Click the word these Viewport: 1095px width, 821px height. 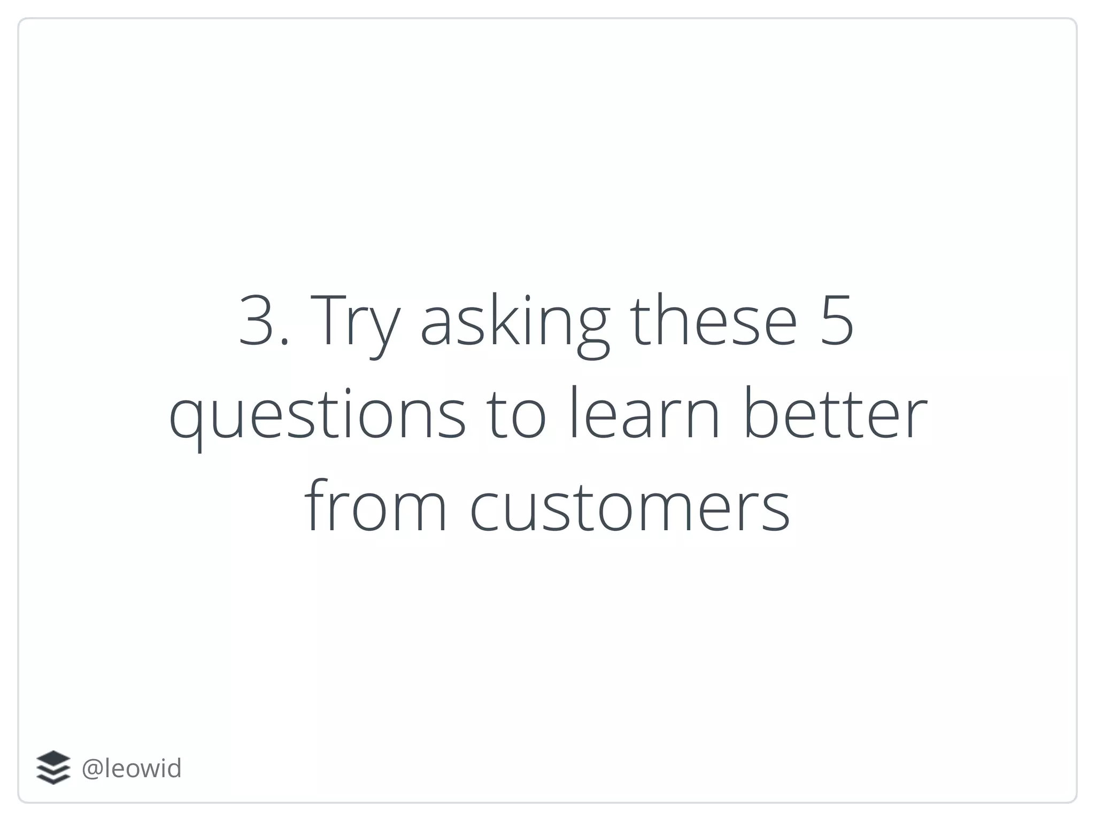pos(714,320)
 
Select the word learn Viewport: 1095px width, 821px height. pos(644,413)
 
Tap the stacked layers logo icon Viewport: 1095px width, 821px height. pos(53,768)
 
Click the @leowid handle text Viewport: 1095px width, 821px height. pos(132,768)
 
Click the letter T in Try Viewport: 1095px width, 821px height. pos(327,320)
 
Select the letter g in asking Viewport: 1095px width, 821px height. pos(593,329)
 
